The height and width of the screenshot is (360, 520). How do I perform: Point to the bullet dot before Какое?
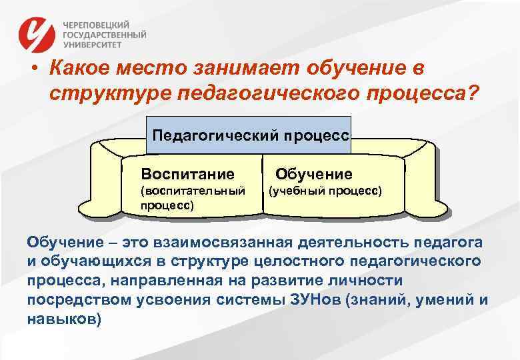(32, 69)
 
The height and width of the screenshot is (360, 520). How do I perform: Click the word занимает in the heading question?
(257, 68)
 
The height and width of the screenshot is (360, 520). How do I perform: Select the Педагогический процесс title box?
(250, 135)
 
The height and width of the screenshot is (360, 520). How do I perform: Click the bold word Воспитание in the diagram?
(187, 175)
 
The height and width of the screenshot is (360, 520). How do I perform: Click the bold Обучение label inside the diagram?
(314, 175)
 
